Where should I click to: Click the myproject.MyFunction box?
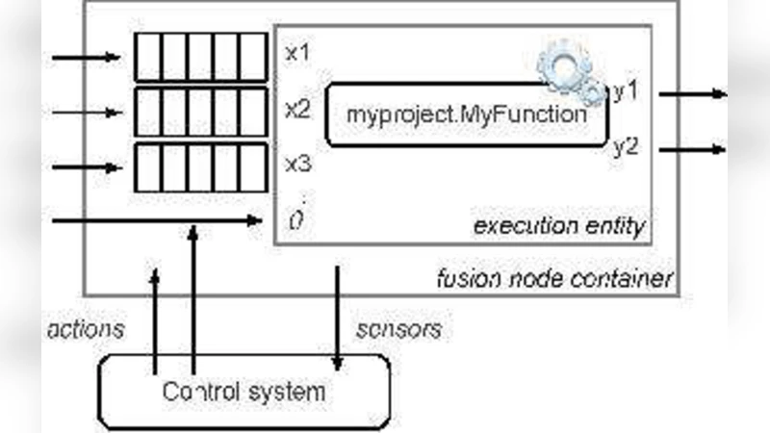click(x=467, y=115)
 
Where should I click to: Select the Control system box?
click(x=244, y=392)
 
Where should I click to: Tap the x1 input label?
click(x=297, y=52)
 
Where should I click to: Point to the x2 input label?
click(x=297, y=108)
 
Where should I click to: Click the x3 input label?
click(x=297, y=164)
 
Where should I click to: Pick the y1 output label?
click(x=628, y=91)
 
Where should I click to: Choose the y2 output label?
click(x=627, y=147)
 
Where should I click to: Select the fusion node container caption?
click(x=553, y=280)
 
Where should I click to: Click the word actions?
click(x=86, y=329)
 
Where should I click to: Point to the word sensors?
click(x=398, y=329)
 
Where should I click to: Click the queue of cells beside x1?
click(x=199, y=57)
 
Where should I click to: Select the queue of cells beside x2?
click(x=199, y=112)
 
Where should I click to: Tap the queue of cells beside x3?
click(x=199, y=167)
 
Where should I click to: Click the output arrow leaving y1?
click(x=691, y=93)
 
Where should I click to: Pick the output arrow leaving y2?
click(x=691, y=149)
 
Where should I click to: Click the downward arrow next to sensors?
click(x=337, y=318)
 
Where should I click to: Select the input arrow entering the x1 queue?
click(x=87, y=57)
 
